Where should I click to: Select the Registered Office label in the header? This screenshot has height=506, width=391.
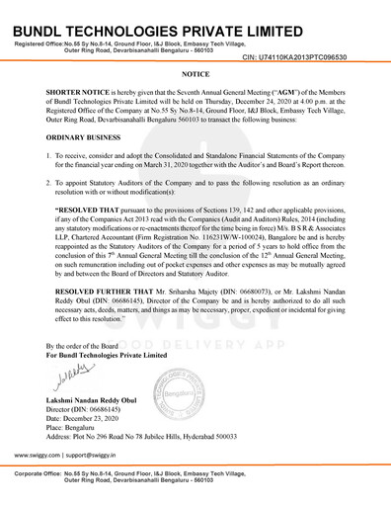click(39, 46)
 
